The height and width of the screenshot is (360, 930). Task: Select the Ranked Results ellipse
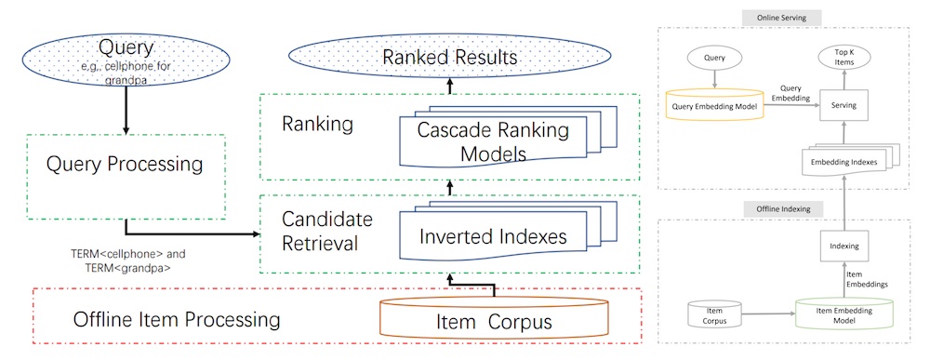click(x=450, y=58)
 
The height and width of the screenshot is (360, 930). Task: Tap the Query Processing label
click(x=125, y=165)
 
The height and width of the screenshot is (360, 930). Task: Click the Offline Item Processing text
click(x=177, y=321)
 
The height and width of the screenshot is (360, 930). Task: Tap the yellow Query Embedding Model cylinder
click(x=715, y=106)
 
